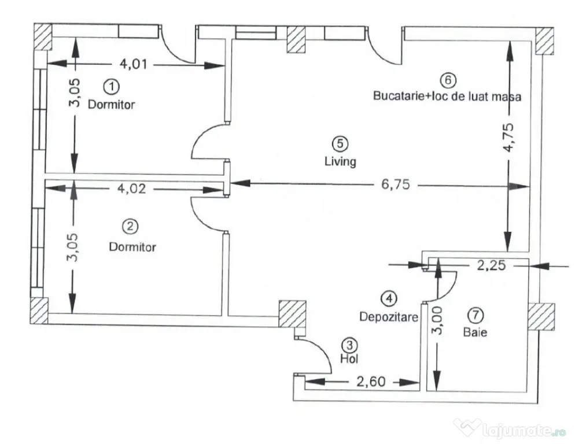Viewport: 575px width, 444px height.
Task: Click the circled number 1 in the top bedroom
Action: coord(112,87)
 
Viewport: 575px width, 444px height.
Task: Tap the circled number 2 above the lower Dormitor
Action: coord(130,227)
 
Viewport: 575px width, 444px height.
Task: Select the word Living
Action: coord(340,161)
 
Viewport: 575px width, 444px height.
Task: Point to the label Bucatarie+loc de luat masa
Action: coord(447,96)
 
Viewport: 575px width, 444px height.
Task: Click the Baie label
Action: coord(476,332)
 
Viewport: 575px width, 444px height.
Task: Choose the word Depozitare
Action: coord(389,317)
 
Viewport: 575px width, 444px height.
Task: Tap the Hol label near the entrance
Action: coord(349,358)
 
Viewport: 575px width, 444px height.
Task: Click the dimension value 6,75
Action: coord(395,184)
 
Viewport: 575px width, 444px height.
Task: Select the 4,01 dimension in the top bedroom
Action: coord(134,64)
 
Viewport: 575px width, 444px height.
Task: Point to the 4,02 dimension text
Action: coord(131,188)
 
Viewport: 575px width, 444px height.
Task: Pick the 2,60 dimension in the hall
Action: coord(371,382)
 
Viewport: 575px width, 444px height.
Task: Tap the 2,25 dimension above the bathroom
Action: coord(491,265)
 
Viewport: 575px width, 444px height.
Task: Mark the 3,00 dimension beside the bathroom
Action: coord(437,321)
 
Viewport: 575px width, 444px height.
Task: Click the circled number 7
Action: coord(476,315)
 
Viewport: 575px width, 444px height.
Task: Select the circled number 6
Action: coord(448,80)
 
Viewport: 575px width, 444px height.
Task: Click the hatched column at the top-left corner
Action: coord(43,37)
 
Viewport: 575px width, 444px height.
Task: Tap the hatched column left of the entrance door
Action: coord(292,314)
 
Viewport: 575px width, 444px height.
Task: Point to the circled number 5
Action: coord(340,144)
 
